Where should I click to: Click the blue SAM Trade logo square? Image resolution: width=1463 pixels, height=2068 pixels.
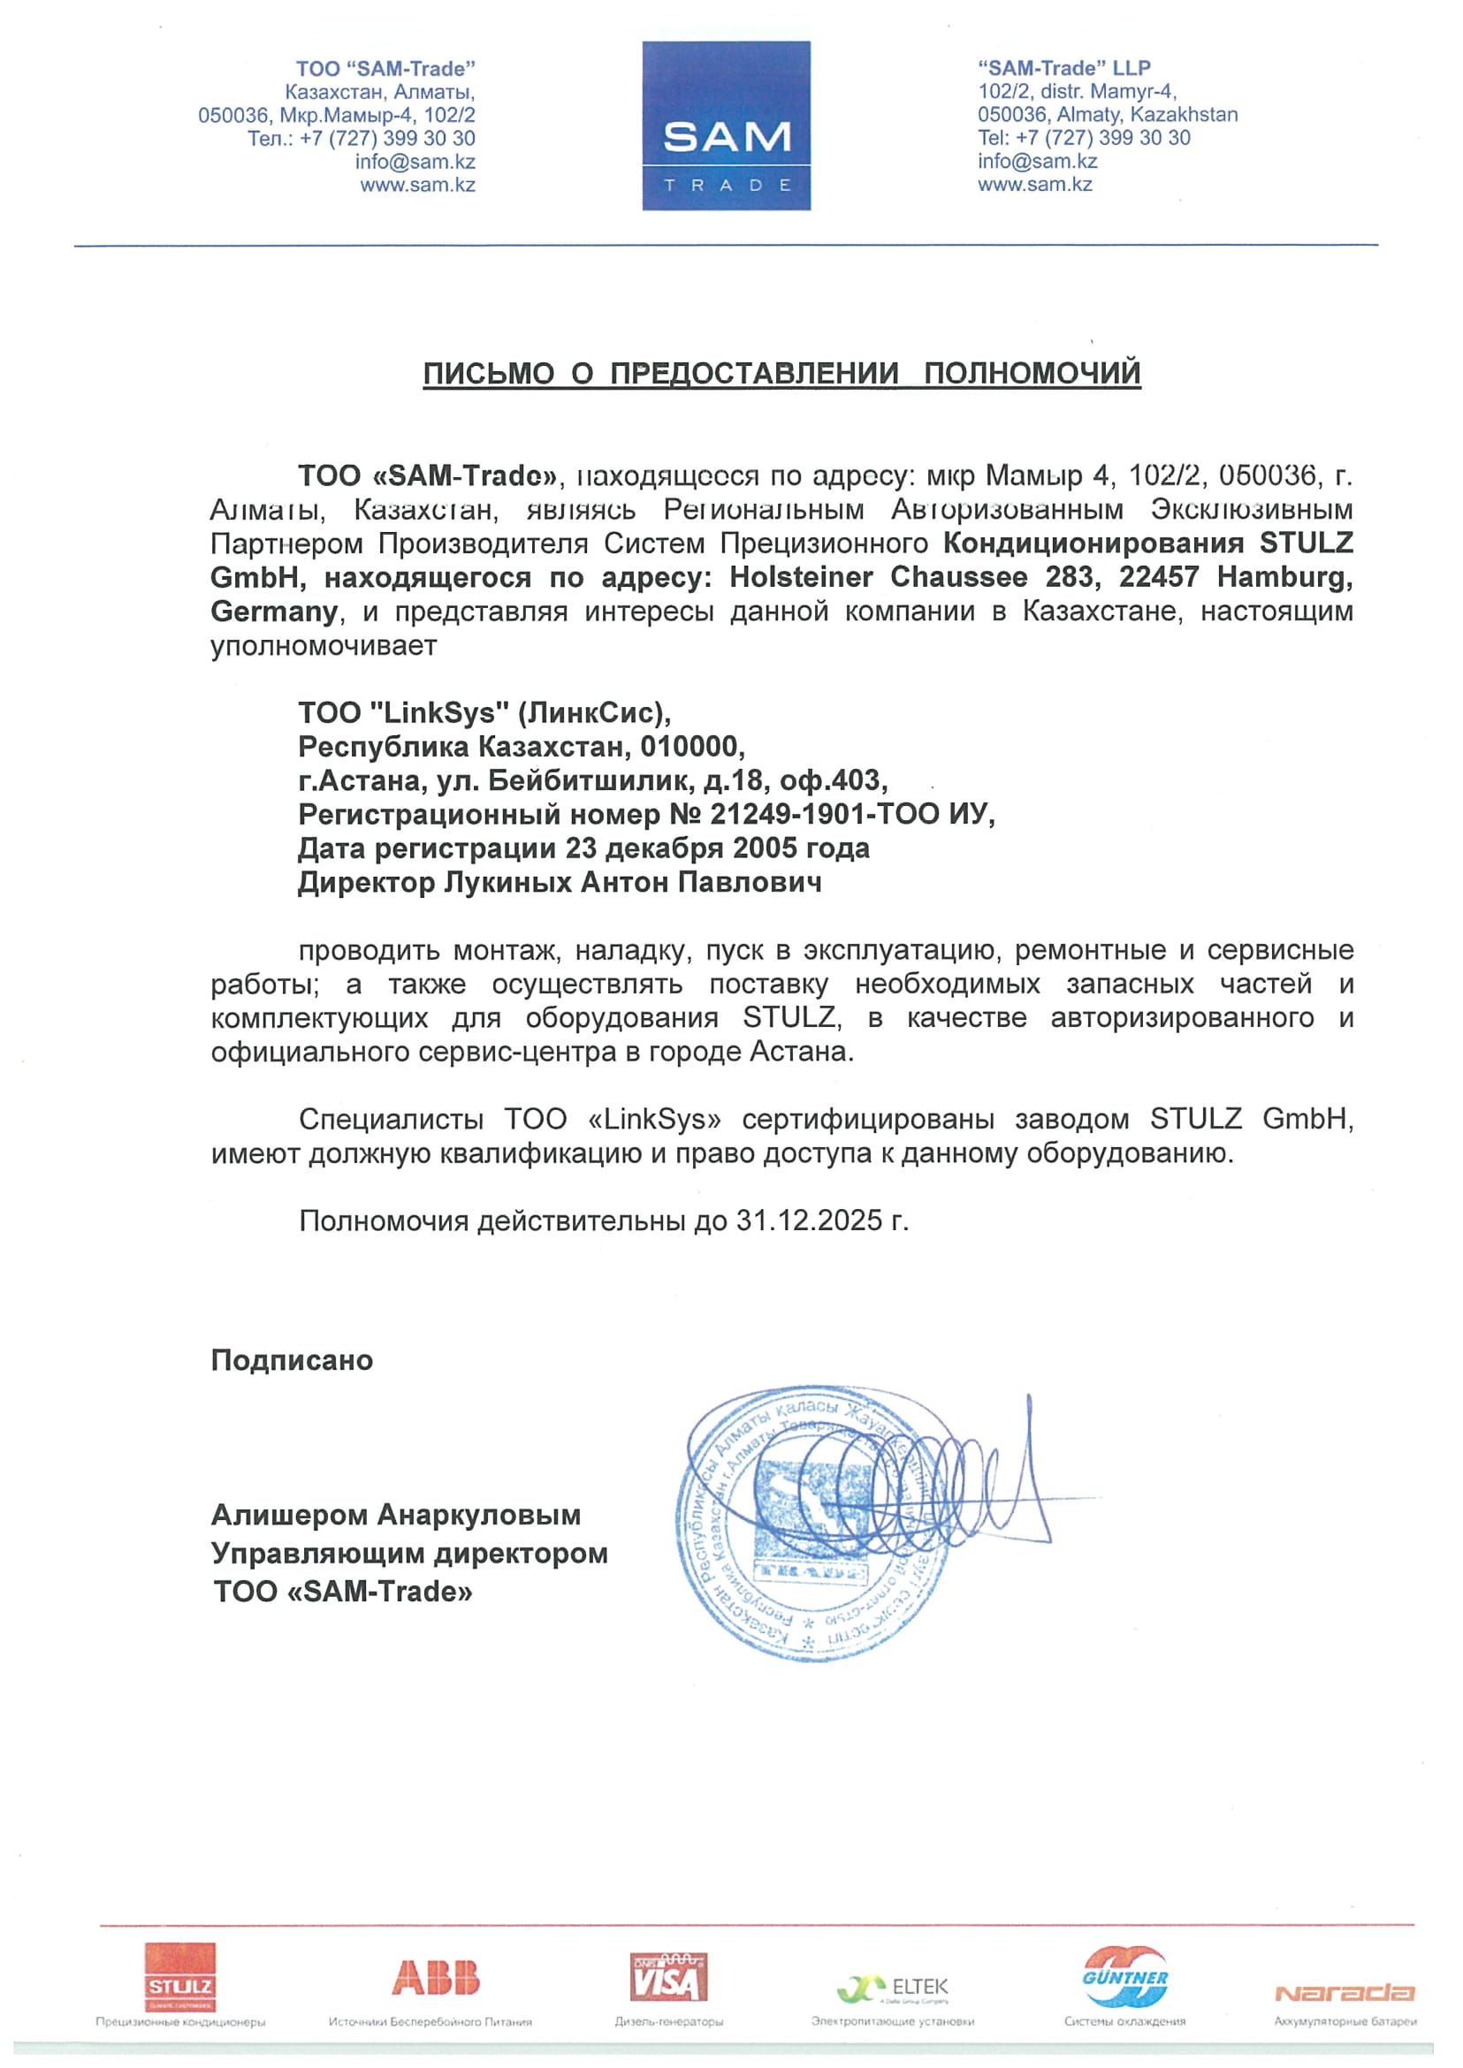point(726,126)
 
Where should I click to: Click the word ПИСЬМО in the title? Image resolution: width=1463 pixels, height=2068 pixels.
point(488,373)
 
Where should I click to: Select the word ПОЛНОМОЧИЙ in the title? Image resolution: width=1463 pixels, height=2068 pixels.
point(1032,373)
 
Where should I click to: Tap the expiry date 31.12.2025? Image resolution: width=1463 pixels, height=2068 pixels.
point(809,1220)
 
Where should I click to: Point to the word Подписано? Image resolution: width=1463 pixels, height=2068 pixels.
point(292,1360)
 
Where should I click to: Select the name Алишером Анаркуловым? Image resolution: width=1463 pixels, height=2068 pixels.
point(395,1515)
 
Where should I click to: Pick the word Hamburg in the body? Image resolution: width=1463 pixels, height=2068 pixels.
point(1284,577)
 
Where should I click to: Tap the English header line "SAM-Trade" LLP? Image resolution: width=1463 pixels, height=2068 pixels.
point(1064,67)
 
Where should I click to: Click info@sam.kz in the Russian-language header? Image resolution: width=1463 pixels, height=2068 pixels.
point(415,162)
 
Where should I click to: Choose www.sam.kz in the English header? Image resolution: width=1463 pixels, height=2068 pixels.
point(1035,185)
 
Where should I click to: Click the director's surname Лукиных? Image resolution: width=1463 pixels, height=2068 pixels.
point(509,883)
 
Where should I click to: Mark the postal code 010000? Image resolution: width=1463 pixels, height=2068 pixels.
point(692,747)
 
